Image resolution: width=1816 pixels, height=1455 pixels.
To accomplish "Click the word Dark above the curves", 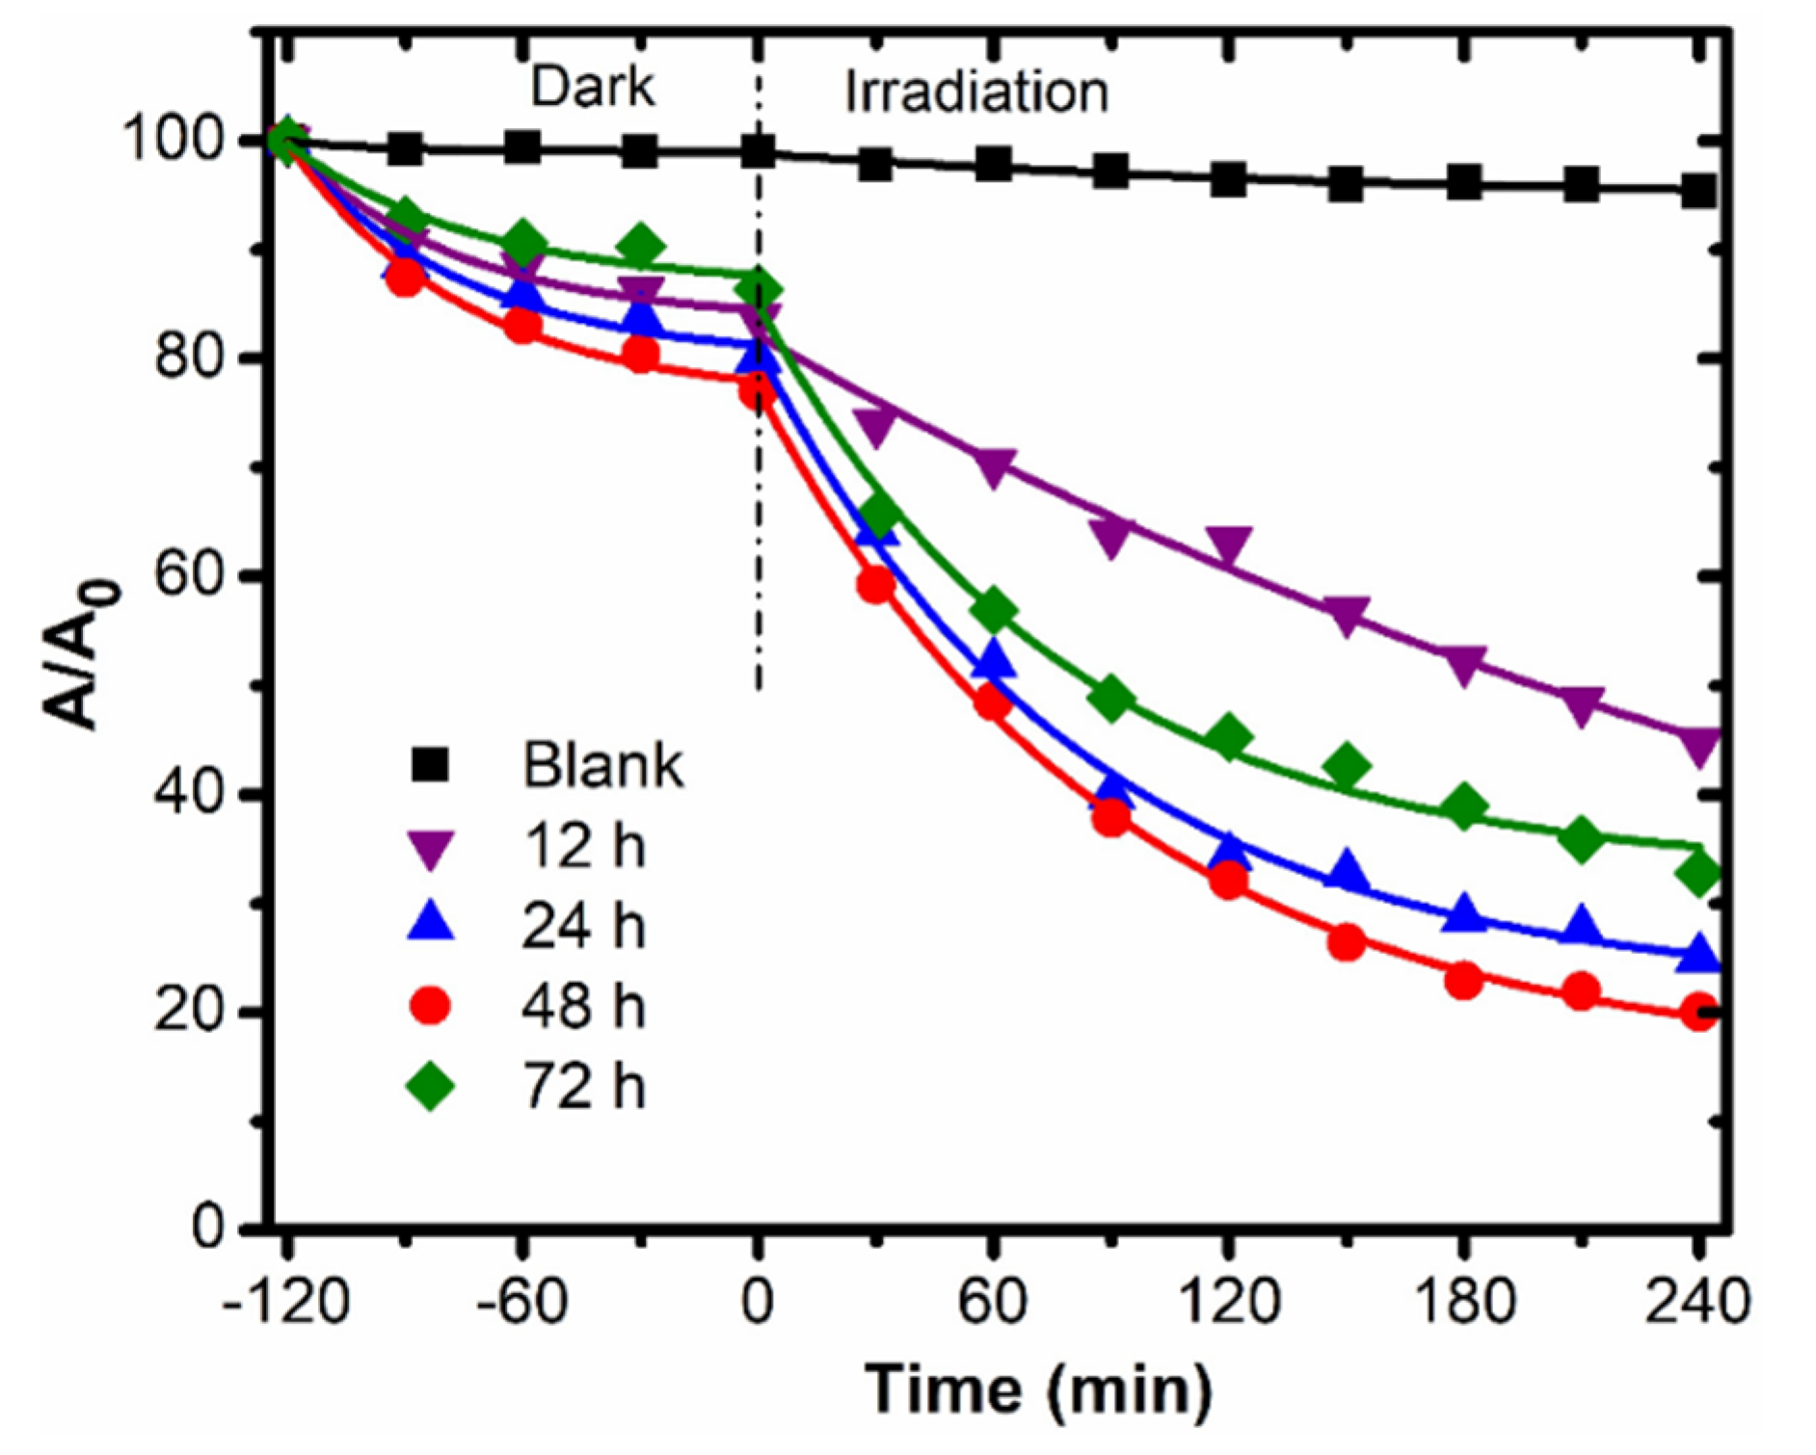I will (592, 87).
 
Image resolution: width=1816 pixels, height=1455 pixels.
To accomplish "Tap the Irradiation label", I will (975, 93).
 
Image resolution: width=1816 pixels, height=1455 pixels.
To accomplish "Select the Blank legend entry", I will (546, 767).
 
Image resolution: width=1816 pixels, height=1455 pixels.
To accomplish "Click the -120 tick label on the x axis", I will (285, 1303).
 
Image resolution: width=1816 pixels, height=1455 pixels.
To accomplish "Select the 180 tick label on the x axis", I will (1463, 1303).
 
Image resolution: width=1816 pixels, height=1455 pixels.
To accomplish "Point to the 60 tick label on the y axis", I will (188, 576).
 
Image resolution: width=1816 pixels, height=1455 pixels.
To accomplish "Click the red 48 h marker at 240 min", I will (1698, 1013).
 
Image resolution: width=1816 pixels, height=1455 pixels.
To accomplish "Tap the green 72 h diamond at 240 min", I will (1698, 873).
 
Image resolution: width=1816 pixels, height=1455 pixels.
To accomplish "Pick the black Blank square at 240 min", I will (1698, 191).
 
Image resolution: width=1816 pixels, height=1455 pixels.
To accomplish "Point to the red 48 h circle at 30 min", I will (875, 584).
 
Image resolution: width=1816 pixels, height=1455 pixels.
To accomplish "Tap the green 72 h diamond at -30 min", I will (641, 247).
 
